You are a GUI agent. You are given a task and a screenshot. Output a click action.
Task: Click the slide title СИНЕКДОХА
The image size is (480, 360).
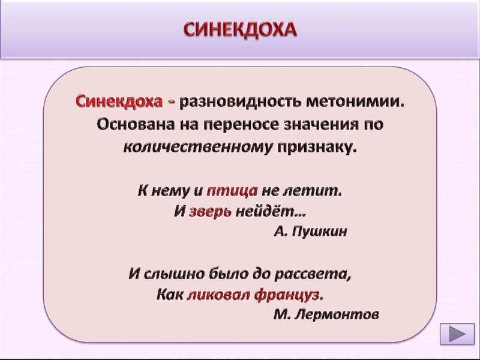click(x=240, y=29)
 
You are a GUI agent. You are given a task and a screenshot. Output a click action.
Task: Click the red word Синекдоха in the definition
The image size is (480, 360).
click(x=118, y=101)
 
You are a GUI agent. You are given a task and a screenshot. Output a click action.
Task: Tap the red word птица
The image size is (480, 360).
click(x=232, y=191)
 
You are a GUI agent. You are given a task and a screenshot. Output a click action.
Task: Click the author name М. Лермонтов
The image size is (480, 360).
click(x=326, y=314)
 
